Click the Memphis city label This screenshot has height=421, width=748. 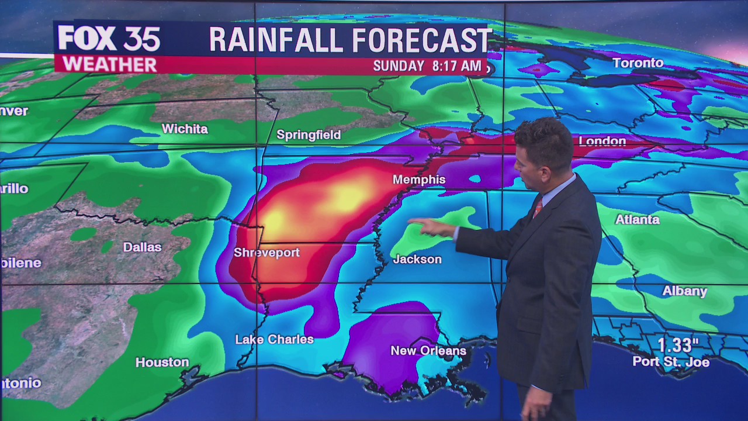coord(419,180)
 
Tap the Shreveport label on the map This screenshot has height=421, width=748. coord(266,253)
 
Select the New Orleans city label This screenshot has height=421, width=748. coord(428,351)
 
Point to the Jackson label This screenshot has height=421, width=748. coord(417,259)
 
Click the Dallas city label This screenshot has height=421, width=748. coord(142,247)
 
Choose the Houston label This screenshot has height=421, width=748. coord(162,363)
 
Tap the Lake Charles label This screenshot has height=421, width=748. coord(274,339)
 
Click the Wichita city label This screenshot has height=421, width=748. coord(185,129)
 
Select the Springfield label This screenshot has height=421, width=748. coord(309,135)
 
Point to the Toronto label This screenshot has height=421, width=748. coord(638,63)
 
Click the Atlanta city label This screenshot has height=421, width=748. coord(637,220)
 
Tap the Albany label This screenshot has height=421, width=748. coord(684,291)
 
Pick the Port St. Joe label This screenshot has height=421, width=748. coord(671,363)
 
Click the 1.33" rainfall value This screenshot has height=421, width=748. coord(678,345)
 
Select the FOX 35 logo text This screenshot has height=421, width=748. coord(109,39)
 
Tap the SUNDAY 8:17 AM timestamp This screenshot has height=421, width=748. coord(427,65)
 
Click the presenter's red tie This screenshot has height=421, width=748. coord(537,208)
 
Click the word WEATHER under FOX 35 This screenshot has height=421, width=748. coord(109,64)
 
